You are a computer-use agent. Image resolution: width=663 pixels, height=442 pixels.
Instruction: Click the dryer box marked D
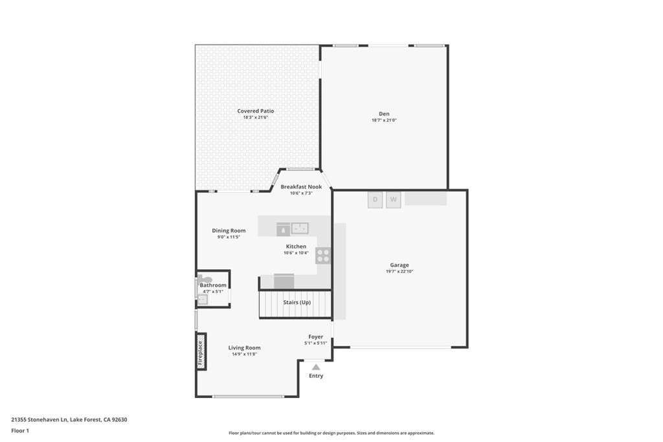375,200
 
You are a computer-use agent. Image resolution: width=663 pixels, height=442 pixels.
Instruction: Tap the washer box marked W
393,200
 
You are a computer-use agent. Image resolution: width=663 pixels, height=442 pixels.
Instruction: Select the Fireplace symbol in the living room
201,351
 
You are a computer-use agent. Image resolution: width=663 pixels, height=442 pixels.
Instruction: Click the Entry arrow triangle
316,367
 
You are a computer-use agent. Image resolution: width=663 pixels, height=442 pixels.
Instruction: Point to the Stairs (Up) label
297,302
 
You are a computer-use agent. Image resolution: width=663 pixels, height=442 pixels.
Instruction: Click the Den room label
384,114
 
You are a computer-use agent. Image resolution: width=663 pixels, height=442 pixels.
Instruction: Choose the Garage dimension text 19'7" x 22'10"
399,271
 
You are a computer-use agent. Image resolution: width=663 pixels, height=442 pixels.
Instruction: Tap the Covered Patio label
255,111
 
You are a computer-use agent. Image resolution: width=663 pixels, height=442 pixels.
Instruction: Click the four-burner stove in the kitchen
323,256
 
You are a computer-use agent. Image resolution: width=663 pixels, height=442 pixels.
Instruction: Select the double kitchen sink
300,228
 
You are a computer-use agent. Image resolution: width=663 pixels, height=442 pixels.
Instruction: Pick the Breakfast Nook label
301,187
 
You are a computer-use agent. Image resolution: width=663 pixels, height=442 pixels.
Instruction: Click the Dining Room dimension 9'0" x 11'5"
229,237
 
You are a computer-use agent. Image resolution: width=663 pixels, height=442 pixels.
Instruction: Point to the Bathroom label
213,285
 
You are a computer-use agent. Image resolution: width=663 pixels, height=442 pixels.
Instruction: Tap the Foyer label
315,337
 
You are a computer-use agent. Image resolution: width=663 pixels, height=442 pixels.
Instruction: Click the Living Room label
244,348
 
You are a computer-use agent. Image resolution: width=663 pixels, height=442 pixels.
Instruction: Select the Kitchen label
296,247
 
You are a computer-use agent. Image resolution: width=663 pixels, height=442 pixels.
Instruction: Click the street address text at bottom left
69,419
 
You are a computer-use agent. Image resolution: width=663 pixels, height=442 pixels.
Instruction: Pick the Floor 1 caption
20,431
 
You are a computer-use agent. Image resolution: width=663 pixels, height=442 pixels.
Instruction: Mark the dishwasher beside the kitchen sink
284,229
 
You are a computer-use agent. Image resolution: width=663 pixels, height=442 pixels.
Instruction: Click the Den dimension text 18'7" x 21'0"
384,120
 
